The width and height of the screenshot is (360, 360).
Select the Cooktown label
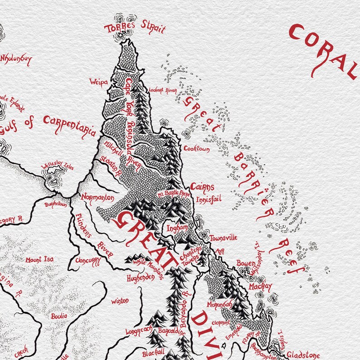196,148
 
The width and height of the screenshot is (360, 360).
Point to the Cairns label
201,186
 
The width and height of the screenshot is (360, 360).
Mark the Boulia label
59,316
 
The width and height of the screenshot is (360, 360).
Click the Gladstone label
303,355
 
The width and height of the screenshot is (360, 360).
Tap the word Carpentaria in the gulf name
70,126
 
